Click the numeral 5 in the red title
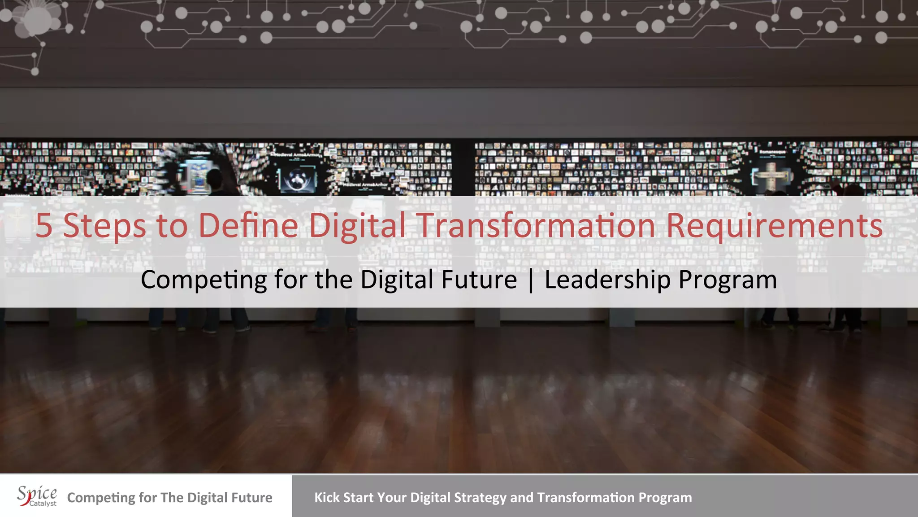(x=44, y=225)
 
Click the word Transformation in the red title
(x=536, y=225)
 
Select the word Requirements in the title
(x=774, y=225)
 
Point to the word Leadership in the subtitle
(x=607, y=280)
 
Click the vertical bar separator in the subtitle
(x=531, y=280)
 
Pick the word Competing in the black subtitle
(x=204, y=280)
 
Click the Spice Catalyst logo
(x=37, y=496)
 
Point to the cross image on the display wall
(x=771, y=176)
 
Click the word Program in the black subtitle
(x=727, y=280)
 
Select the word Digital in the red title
(x=357, y=225)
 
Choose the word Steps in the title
(x=104, y=225)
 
